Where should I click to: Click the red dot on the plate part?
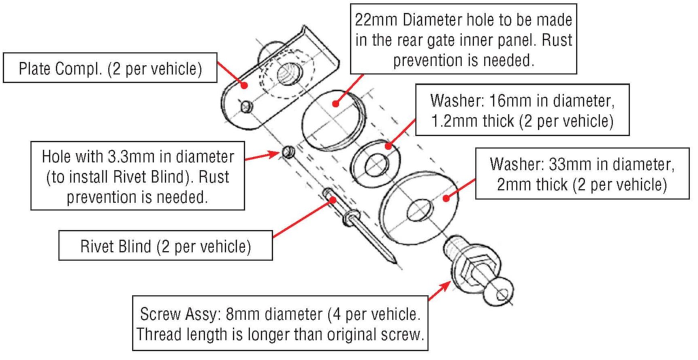click(244, 85)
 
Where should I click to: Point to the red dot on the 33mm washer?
click(446, 198)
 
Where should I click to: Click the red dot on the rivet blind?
click(333, 199)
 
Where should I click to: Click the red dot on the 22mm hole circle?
click(335, 104)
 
